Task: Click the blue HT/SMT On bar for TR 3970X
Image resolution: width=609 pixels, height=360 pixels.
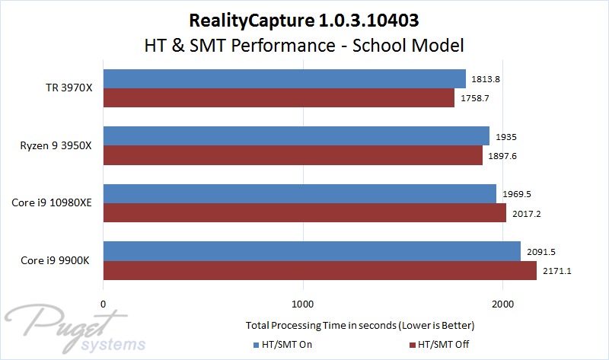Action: click(284, 78)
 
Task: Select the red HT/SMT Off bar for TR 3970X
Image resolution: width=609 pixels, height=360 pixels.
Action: click(279, 98)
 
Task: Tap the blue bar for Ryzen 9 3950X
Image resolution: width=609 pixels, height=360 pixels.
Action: click(296, 135)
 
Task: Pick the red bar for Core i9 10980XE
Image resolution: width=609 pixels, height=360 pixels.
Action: click(304, 213)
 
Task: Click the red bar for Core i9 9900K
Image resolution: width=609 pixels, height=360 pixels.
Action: click(320, 270)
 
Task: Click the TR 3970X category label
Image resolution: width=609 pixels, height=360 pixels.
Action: click(68, 88)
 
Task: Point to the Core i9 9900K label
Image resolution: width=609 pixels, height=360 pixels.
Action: click(56, 260)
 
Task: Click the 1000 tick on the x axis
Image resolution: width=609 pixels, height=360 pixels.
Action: click(303, 304)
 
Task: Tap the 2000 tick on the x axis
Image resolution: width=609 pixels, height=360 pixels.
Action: click(503, 304)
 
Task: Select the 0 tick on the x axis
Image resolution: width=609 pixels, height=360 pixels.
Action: click(103, 304)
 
